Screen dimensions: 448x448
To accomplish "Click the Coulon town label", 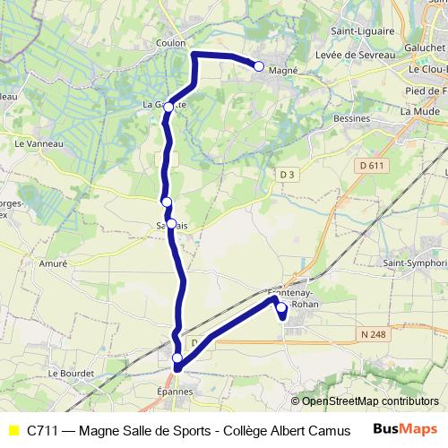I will (170, 42).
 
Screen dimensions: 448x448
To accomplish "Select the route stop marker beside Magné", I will (259, 65).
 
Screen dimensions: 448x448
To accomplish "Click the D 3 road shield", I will (286, 173).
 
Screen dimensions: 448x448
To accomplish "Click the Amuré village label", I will (54, 264).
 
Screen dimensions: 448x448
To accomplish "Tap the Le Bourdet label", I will (65, 373).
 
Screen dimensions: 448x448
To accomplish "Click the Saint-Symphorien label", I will (414, 263).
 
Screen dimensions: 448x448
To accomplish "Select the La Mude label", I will (412, 110).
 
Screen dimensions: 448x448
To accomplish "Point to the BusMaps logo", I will (407, 429).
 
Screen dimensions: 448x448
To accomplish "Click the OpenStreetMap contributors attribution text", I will (370, 401).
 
